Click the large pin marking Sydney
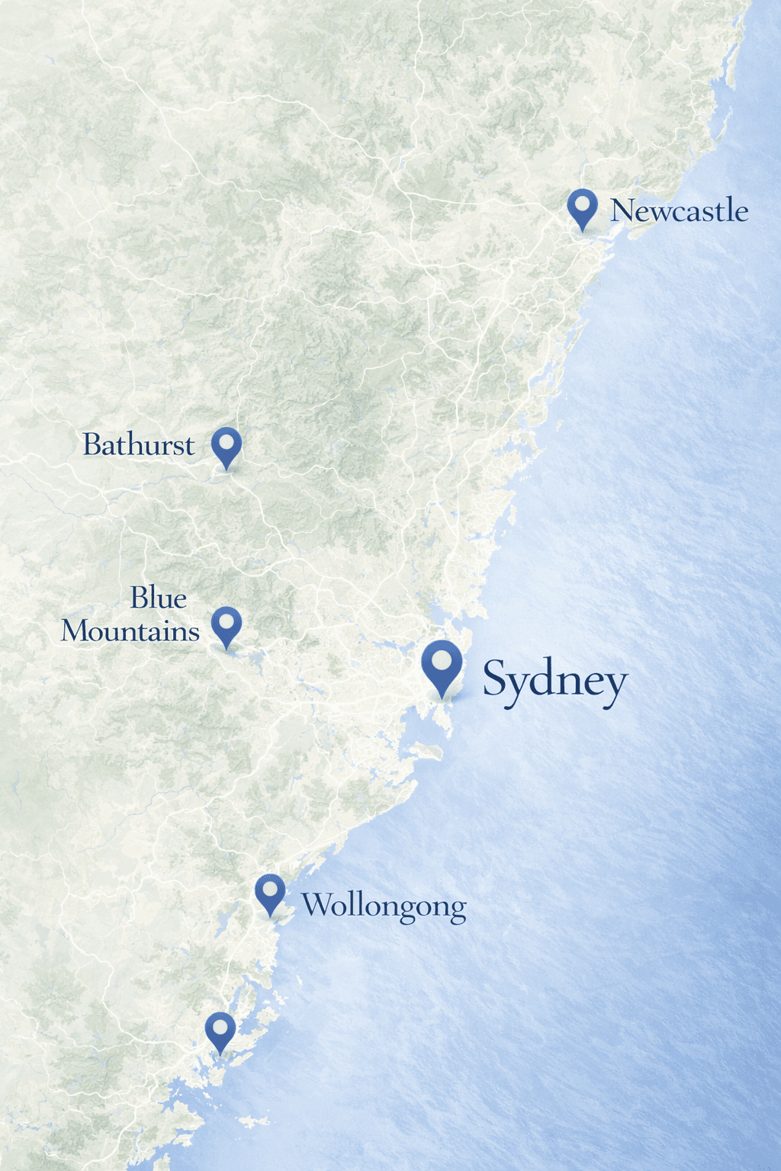click(442, 665)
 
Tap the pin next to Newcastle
click(583, 207)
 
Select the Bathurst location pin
click(227, 445)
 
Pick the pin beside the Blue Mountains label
click(227, 625)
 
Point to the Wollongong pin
click(270, 893)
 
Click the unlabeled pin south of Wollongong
click(220, 1031)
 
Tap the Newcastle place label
click(679, 210)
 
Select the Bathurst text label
click(139, 444)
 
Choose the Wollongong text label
click(384, 906)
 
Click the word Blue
click(159, 598)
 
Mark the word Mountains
click(130, 631)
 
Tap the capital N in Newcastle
click(622, 210)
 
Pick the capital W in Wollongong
click(316, 905)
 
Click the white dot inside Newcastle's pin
click(583, 204)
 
